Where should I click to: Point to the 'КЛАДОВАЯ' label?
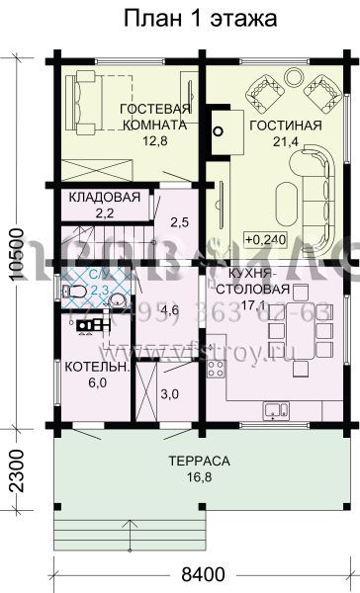(104, 197)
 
